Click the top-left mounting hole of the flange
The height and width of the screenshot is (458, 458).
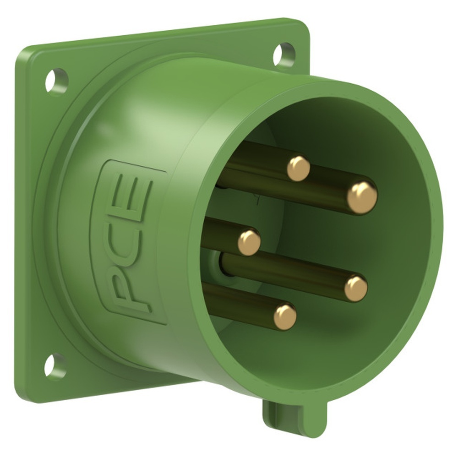(x=56, y=80)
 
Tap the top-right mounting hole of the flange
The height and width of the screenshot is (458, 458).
(x=284, y=54)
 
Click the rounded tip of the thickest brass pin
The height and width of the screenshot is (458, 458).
(x=362, y=197)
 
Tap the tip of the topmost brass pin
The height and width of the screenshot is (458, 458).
(x=298, y=169)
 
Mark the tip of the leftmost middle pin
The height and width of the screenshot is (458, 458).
(x=249, y=242)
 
